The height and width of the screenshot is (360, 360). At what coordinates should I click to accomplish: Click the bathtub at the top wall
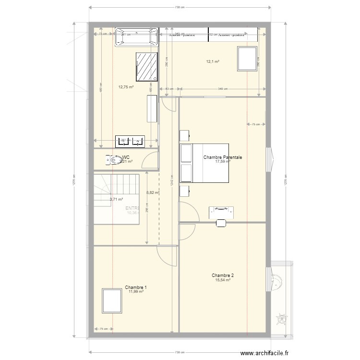[x=136, y=37]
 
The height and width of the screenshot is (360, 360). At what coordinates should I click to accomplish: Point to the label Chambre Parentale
[x=223, y=157]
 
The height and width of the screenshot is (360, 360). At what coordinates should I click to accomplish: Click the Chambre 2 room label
[x=223, y=276]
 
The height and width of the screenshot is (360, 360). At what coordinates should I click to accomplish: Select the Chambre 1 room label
[x=136, y=288]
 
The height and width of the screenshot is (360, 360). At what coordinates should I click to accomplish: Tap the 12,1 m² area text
[x=213, y=61]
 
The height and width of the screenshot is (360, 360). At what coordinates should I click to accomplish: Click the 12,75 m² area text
[x=126, y=87]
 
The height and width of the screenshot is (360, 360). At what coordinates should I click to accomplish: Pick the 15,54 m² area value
[x=223, y=280]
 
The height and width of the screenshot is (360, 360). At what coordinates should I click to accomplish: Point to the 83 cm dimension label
[x=169, y=89]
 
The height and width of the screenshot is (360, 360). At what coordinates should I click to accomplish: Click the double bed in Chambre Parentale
[x=204, y=163]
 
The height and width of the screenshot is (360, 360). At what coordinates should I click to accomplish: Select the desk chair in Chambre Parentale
[x=221, y=222]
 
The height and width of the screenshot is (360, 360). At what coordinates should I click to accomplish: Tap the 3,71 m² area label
[x=116, y=199]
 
